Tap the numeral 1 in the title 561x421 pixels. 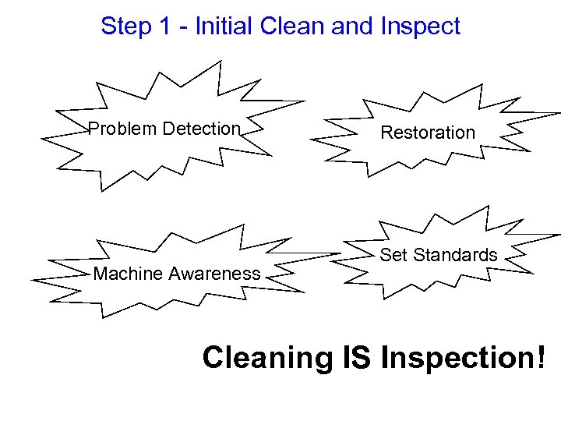[164, 27]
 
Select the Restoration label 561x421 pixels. [427, 133]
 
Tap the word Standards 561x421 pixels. [455, 255]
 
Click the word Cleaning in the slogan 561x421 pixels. [266, 359]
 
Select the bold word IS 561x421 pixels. [358, 358]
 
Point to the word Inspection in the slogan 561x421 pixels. [453, 359]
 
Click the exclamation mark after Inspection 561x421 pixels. [541, 358]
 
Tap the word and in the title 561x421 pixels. [352, 27]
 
